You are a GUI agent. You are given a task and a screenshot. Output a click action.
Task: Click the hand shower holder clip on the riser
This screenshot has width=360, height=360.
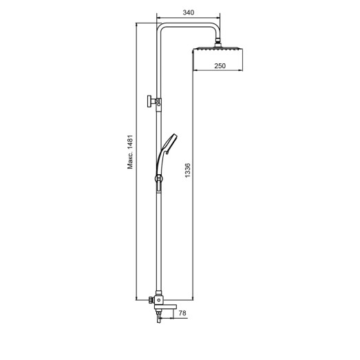click(x=158, y=181)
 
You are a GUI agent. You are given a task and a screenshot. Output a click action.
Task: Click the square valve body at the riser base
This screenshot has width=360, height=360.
click(x=159, y=300)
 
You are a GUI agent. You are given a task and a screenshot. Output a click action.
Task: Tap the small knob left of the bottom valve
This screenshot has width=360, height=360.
click(x=150, y=300)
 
